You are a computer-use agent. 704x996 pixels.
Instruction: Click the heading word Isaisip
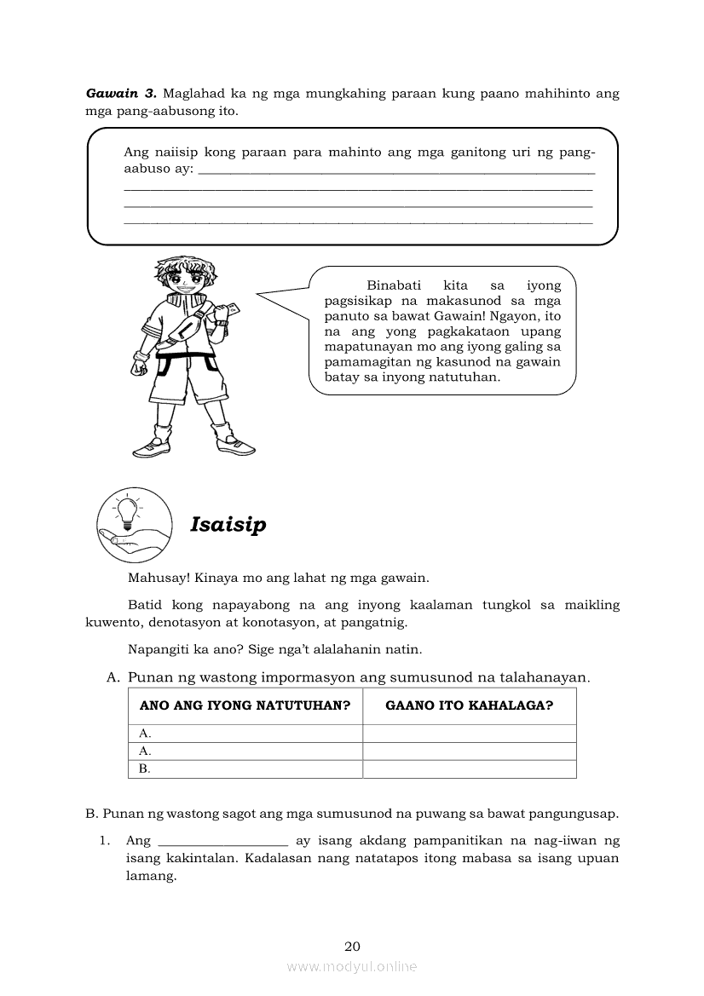pos(228,524)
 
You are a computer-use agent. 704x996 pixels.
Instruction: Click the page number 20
pos(352,946)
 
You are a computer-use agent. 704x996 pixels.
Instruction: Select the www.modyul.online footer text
pos(352,966)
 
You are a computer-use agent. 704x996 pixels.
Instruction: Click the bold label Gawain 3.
pos(120,93)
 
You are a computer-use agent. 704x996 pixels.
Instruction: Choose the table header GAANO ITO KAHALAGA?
pos(470,705)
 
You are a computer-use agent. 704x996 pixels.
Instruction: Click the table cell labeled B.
pos(145,769)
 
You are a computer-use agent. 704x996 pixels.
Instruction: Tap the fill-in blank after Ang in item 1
pos(222,841)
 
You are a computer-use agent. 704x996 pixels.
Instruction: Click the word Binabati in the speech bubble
pos(395,286)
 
